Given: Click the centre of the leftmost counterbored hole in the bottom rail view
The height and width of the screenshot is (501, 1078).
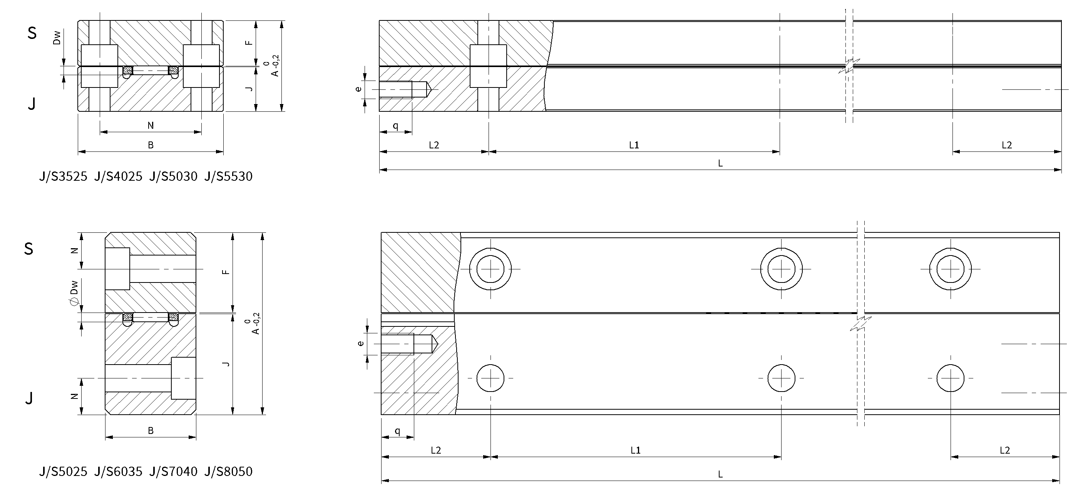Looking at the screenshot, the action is [490, 269].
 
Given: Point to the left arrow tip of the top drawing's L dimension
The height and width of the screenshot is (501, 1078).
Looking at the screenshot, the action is [380, 170].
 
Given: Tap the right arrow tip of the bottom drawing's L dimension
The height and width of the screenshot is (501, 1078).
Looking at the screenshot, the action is [1059, 481].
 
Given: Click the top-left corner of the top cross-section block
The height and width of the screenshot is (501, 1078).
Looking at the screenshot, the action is [78, 20].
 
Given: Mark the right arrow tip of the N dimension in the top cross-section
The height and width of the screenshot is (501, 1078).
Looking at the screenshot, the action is [201, 132].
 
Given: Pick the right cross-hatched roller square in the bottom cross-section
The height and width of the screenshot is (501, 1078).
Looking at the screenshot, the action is [173, 317].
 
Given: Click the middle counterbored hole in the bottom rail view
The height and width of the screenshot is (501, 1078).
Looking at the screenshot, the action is [781, 269].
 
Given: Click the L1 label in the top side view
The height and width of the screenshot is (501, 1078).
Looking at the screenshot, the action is [634, 145].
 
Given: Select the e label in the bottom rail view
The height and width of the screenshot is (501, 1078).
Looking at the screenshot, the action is [360, 343].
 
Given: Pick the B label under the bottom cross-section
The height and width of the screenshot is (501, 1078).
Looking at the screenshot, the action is [151, 430].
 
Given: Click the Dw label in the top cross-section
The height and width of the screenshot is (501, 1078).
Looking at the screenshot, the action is [57, 38].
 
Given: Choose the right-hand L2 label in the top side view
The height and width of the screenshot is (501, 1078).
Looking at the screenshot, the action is [1006, 145].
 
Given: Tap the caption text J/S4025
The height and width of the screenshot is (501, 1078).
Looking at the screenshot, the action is [119, 177].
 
